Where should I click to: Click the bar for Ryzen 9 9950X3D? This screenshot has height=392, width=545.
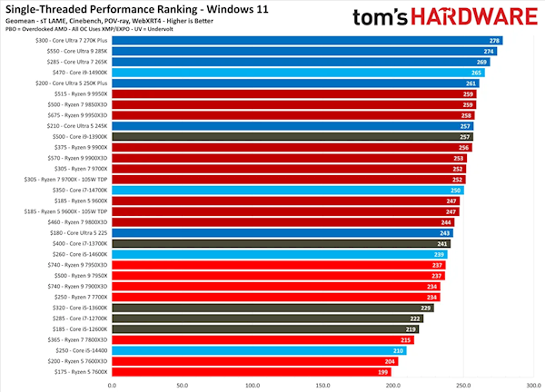[x=291, y=115]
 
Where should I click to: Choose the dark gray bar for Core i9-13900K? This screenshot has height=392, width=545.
[x=291, y=136]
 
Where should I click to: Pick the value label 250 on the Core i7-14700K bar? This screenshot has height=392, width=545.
[x=456, y=190]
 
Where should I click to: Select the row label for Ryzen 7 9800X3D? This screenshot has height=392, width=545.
[x=77, y=221]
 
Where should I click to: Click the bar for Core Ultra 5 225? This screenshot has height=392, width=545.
[x=286, y=232]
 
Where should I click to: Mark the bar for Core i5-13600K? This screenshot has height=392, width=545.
[x=272, y=308]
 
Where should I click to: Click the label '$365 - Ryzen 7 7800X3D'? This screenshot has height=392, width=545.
[x=77, y=339]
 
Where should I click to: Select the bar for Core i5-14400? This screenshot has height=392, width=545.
[x=259, y=349]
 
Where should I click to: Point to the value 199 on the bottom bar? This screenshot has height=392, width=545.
[x=384, y=371]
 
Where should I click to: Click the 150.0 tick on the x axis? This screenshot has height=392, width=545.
[x=322, y=384]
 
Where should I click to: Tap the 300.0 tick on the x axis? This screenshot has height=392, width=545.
[x=533, y=384]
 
